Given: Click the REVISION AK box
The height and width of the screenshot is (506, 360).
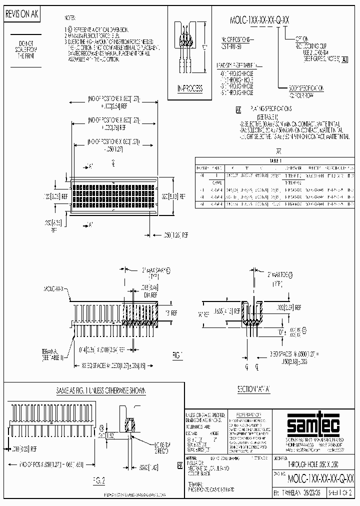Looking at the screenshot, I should pos(21,15).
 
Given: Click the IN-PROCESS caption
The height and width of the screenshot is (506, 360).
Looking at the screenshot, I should pos(190,88).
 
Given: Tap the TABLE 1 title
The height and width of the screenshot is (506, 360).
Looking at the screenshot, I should pos(275,161).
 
